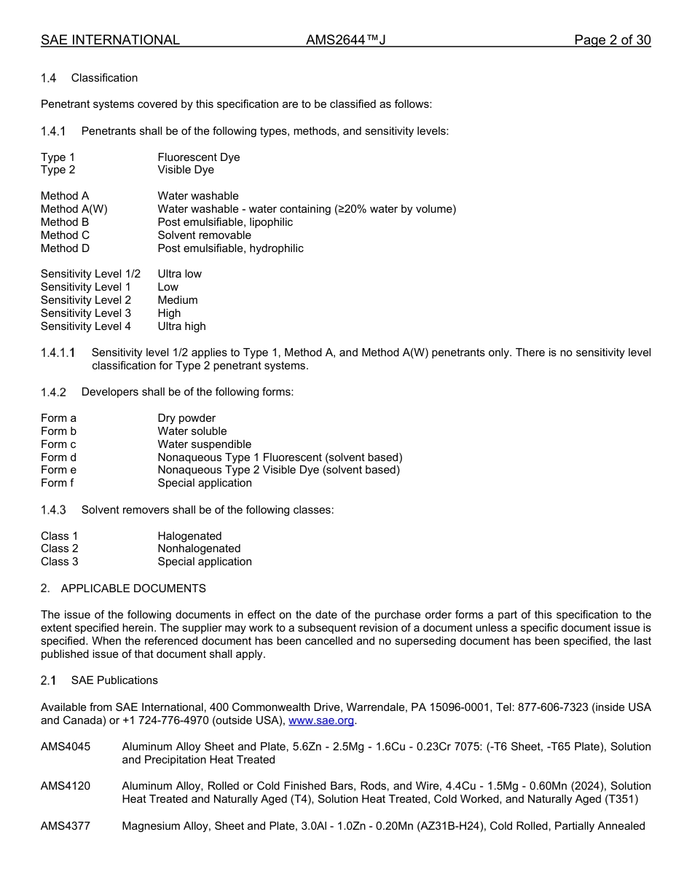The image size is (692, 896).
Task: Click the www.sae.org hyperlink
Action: tap(321, 720)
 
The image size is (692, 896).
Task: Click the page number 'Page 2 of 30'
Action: tap(612, 40)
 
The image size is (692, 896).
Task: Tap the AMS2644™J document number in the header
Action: tap(345, 40)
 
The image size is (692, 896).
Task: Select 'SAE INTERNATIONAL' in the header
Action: tap(110, 40)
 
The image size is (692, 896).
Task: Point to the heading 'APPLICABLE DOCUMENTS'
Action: tap(133, 588)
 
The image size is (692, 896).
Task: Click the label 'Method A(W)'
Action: tap(74, 209)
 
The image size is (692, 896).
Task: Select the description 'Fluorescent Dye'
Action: tap(198, 157)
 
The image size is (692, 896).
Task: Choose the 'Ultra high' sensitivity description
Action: tap(181, 326)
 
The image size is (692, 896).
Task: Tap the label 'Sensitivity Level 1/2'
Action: tap(90, 274)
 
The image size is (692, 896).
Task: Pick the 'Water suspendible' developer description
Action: tap(204, 444)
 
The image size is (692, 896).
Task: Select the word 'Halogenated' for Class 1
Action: tap(189, 536)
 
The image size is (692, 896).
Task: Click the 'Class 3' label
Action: tap(59, 562)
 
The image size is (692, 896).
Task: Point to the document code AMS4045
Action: tap(66, 747)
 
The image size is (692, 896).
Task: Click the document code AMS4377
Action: tap(66, 826)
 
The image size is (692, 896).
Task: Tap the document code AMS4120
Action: tap(66, 786)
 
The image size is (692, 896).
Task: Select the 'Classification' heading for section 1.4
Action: tap(104, 78)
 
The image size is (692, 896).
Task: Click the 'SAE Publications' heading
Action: tap(114, 680)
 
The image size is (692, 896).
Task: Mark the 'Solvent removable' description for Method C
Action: tap(204, 235)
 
